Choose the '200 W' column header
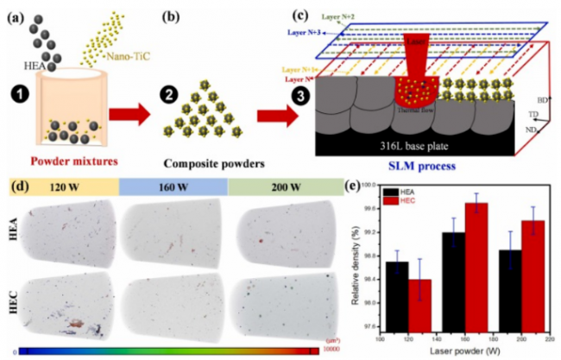click(282, 187)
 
